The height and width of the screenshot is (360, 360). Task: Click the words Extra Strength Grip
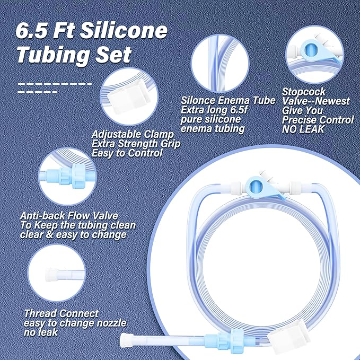pos(136,144)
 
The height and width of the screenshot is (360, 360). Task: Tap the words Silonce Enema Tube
pos(228,100)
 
